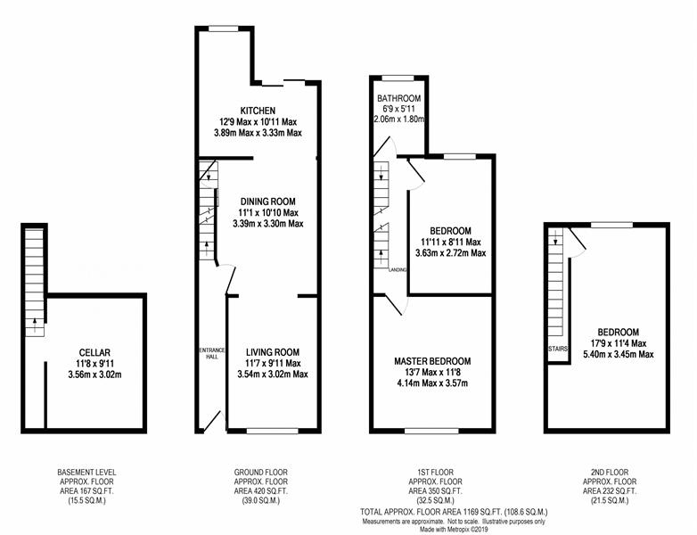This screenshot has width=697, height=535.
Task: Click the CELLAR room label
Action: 94,353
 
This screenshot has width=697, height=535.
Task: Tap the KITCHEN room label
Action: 258,111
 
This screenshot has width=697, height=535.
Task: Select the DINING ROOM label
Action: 267,202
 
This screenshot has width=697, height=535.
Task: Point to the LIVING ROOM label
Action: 273,352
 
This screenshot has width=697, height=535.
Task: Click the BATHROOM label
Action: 398,98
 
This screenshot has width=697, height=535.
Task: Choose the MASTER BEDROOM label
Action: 432,361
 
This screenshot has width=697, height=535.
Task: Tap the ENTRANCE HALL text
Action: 212,353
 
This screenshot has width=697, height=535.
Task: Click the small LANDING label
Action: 398,270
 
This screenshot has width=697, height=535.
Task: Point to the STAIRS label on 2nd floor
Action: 558,350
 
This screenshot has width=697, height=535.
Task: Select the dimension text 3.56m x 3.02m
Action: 94,374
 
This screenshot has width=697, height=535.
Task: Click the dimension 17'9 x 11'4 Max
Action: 619,343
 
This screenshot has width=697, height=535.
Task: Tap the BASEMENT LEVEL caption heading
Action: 86,473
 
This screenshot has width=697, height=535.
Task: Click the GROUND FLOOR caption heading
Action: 261,473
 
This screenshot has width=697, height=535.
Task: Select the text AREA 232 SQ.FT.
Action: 610,491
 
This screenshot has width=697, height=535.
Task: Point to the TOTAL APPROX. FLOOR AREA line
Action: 454,512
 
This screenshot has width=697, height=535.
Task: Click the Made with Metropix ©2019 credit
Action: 454,530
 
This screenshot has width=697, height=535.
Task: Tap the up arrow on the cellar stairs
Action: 35,325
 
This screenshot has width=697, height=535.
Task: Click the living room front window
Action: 272,431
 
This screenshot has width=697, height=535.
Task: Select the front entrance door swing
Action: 212,421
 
